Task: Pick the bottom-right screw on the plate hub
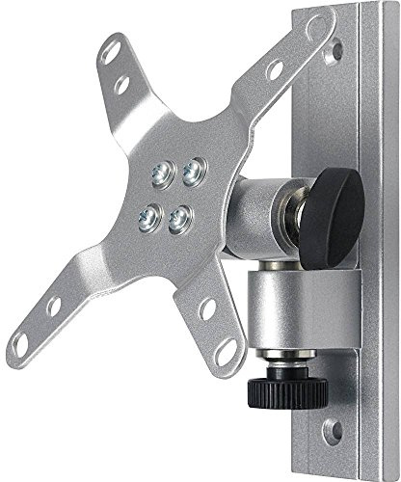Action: point(178,220)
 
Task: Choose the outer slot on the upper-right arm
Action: point(312,49)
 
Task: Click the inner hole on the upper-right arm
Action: point(276,70)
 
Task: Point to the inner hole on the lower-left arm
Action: point(54,308)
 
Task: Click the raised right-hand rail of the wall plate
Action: point(375,241)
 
